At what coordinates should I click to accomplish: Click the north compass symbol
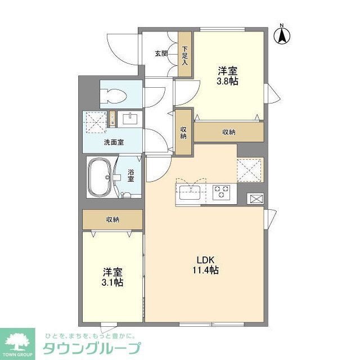click(282, 35)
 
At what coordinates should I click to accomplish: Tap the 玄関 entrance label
click(161, 54)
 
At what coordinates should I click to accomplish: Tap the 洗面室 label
click(113, 142)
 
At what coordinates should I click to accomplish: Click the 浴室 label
click(130, 175)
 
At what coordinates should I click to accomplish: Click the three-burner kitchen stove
click(221, 192)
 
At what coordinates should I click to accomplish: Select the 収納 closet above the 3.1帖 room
click(112, 219)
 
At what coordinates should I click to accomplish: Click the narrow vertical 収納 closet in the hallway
click(183, 132)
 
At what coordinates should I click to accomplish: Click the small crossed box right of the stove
click(255, 199)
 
